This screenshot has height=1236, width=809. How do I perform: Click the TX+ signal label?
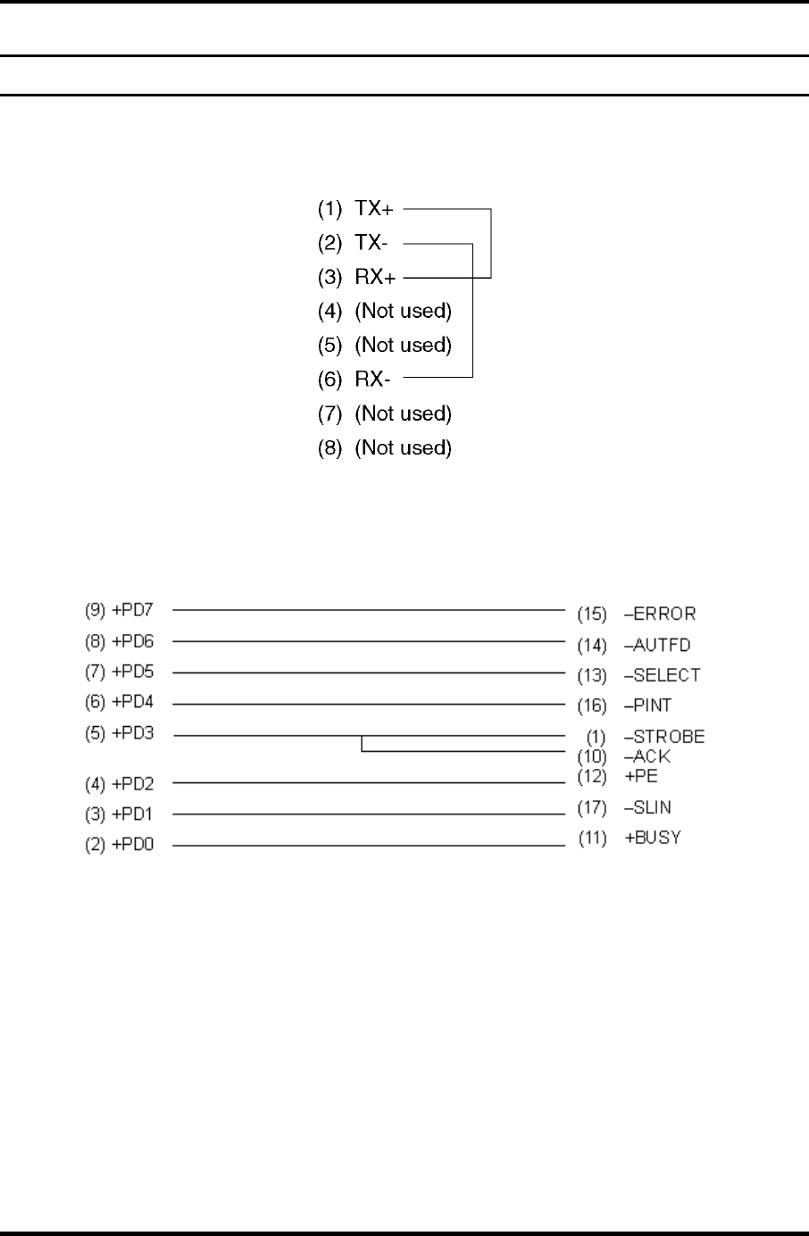point(373,209)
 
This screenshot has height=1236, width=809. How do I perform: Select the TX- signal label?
point(371,243)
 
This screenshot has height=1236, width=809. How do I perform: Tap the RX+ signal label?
point(375,277)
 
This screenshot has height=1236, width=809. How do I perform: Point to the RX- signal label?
point(372,380)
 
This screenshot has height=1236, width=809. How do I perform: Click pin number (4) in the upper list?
point(330,312)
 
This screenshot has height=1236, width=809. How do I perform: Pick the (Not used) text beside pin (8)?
point(403,447)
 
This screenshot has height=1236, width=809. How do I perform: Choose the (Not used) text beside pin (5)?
point(403,346)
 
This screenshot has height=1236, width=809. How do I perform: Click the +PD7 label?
point(133,611)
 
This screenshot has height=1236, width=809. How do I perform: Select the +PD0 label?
point(133,845)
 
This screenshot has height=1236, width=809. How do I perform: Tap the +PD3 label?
point(133,734)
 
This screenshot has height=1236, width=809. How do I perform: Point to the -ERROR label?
point(660,614)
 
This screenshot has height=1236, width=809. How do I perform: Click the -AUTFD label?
point(657,645)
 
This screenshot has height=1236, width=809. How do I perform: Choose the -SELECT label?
point(662,675)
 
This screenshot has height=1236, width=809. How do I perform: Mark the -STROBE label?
point(664,737)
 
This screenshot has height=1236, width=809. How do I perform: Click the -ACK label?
point(647,756)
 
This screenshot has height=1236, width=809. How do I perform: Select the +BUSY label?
point(653,838)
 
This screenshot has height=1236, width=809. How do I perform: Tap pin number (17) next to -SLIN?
point(592,808)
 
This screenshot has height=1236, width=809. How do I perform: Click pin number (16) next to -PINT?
point(592,706)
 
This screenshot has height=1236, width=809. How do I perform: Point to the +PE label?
point(641,776)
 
